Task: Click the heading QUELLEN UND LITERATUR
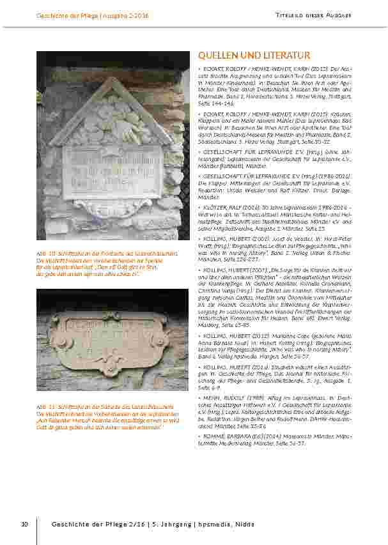[254, 56]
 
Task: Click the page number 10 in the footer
[24, 525]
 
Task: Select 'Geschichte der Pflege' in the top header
[66, 14]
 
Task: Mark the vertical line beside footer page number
[36, 525]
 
